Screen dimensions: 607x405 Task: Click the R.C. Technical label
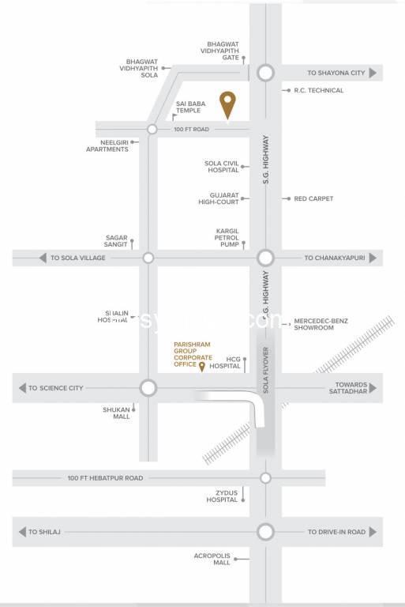[x=319, y=90]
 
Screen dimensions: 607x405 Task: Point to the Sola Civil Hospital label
[x=221, y=167]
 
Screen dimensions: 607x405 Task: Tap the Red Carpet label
[x=313, y=198]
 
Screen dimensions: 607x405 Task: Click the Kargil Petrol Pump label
[x=227, y=238]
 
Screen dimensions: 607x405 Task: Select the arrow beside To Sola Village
[x=42, y=258]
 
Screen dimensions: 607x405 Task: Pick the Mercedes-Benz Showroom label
[x=321, y=325]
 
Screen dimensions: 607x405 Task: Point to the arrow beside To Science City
[x=21, y=388]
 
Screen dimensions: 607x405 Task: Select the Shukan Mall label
[x=115, y=413]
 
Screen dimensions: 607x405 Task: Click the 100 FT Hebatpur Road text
[x=105, y=477]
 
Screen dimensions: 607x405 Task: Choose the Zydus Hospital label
[x=222, y=496]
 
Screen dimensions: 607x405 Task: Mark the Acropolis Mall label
[x=212, y=559]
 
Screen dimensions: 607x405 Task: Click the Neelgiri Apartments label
[x=107, y=145]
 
